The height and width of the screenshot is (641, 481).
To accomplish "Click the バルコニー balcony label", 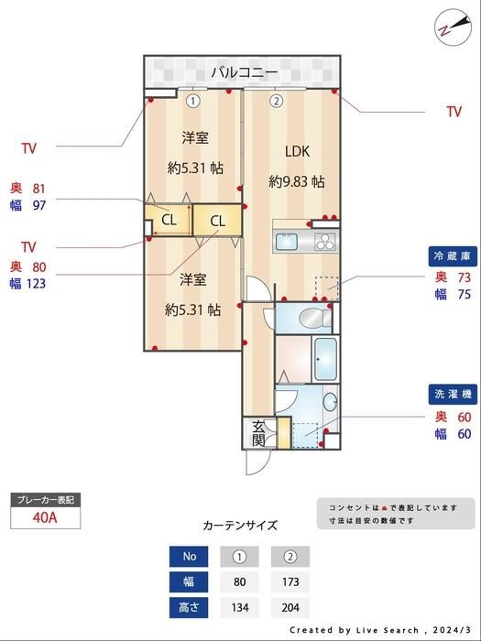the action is coord(245,72).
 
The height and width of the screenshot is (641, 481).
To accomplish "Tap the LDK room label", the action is coord(298,151).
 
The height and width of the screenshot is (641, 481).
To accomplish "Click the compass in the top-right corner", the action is coord(453,27).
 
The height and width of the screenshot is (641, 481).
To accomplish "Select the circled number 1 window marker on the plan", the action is coord(193,101).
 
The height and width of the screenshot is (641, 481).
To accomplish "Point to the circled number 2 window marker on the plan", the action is coord(276,101).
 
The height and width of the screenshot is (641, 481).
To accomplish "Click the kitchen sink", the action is coord(286,241).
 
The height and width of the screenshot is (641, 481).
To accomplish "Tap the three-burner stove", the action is coord(325,241).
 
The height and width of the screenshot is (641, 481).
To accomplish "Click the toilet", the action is coord(315,318).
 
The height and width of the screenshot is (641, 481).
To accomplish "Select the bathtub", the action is coord(325,359).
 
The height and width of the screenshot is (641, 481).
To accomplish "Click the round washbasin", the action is coord(330,402).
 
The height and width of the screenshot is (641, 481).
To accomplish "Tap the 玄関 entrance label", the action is coord(258,434).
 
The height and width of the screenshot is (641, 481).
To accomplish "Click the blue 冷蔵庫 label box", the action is coord(453,256).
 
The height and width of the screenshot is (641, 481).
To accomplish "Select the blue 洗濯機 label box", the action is coord(453,394).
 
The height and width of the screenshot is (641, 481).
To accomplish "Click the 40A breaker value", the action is coord(45,517).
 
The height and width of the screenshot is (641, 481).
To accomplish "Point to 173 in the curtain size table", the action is coord(290,581).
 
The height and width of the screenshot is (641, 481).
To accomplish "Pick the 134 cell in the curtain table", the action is coord(240,607).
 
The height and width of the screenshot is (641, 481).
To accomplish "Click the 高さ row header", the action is coord(189,607).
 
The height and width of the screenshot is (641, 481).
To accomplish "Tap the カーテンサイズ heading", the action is coord(240,526).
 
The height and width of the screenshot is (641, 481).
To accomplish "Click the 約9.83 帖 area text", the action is coord(297,181).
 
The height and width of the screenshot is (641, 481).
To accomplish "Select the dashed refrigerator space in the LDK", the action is coord(326,288).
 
